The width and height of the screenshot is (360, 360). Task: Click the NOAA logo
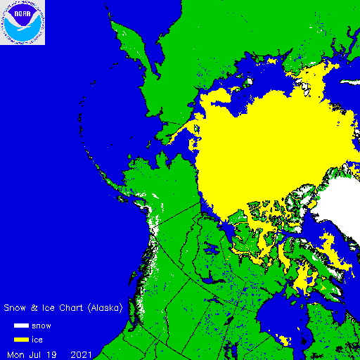coord(22,22)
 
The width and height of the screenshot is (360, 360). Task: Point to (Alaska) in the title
coord(106,308)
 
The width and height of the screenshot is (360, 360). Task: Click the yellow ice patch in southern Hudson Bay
coord(285,340)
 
